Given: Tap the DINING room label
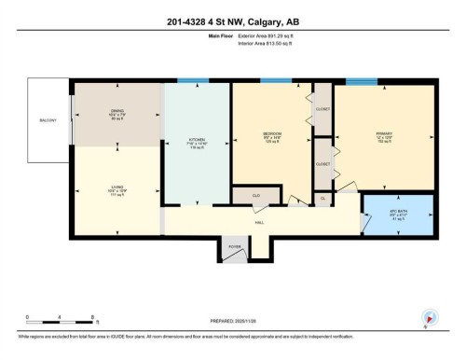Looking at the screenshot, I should pyautogui.click(x=116, y=110).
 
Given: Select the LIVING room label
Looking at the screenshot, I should pyautogui.click(x=116, y=187).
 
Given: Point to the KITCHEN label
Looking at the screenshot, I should pyautogui.click(x=197, y=139).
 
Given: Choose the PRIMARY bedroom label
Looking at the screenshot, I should pyautogui.click(x=382, y=134).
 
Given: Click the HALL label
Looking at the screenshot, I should pyautogui.click(x=260, y=224).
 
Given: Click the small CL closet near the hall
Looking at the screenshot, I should pyautogui.click(x=322, y=198).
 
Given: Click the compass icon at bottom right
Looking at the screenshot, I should pyautogui.click(x=430, y=316).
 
